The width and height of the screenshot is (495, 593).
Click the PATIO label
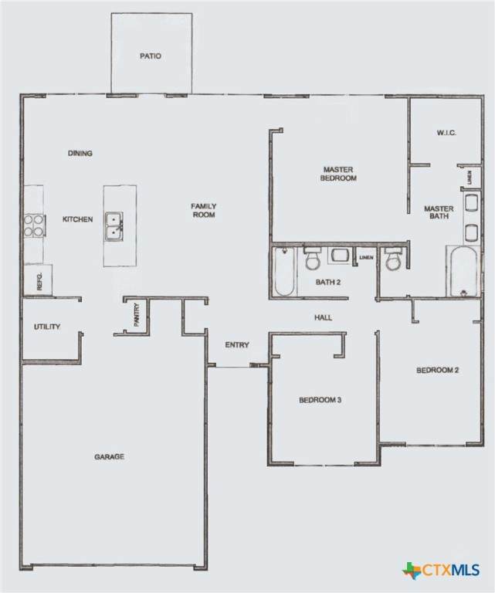click(151, 56)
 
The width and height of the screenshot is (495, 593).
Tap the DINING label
click(80, 153)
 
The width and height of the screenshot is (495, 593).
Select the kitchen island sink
click(114, 225)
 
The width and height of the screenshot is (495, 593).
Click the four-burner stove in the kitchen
click(35, 225)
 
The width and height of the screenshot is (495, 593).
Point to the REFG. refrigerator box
click(38, 280)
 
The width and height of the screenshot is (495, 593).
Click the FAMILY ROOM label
click(203, 210)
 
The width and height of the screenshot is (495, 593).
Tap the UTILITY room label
click(47, 327)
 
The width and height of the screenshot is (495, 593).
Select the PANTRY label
click(137, 315)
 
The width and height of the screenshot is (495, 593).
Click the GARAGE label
click(110, 457)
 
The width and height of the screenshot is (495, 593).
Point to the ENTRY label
click(237, 345)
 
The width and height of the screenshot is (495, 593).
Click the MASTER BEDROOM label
click(338, 174)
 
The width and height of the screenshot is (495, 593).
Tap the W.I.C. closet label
click(446, 133)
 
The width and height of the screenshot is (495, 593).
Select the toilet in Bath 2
click(313, 258)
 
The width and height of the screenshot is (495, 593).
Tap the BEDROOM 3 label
click(320, 400)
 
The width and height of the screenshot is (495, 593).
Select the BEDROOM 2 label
click(438, 371)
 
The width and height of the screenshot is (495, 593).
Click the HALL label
click(324, 317)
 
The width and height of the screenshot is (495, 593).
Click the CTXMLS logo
click(440, 570)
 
